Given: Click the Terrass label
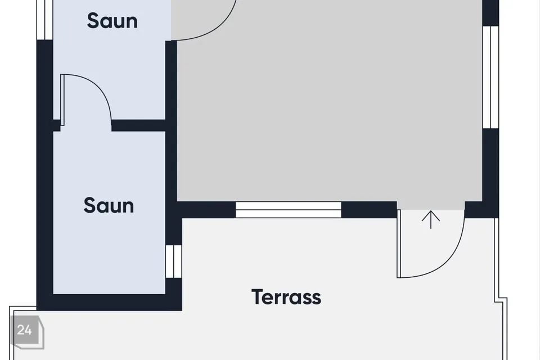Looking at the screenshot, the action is click(286, 297).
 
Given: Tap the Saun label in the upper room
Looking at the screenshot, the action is click(112, 21).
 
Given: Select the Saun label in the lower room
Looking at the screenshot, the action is click(109, 205).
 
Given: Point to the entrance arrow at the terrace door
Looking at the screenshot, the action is click(431, 220).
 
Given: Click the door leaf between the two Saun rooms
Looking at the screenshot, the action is click(62, 100).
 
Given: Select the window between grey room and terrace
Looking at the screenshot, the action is click(288, 210).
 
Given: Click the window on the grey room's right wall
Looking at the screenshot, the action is click(490, 77).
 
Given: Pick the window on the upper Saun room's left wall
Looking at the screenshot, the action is click(45, 20).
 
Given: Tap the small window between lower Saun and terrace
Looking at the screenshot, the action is click(174, 262).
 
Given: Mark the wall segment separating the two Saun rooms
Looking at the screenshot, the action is click(138, 125).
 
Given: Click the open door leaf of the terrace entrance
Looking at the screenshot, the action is click(399, 244).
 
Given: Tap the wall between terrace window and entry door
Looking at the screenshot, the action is click(369, 210).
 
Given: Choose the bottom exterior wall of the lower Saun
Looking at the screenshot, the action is click(109, 303).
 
